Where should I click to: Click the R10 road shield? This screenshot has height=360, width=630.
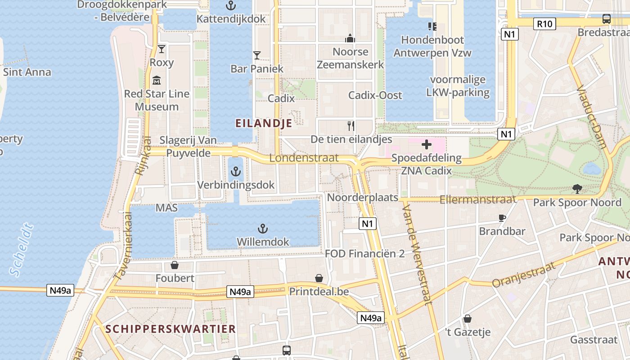pos(544,23)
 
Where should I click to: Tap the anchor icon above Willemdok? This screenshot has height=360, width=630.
pos(263,229)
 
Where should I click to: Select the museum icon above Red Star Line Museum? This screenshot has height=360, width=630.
pos(157,81)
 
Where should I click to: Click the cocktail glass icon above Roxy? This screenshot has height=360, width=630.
pos(162,49)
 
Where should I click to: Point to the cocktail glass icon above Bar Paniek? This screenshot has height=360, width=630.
pos(257,55)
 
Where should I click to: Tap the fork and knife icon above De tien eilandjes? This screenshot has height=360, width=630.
pos(351,126)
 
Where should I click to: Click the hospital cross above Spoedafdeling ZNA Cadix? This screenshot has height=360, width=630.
pos(426,145)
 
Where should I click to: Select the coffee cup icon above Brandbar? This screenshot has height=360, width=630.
pos(502,218)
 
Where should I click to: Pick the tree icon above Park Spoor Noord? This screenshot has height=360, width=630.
pos(577,189)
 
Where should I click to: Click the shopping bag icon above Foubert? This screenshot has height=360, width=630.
pos(175,265)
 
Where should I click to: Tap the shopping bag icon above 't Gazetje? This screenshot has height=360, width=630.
pos(468,319)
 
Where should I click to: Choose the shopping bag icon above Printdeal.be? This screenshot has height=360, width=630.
pos(319,278)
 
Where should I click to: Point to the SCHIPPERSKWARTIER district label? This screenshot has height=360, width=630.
pos(171,329)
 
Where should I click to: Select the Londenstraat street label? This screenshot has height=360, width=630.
pos(304,158)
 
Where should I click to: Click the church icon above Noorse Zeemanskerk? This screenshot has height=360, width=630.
pos(350,38)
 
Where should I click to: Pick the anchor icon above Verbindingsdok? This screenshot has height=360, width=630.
pos(236,171)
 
